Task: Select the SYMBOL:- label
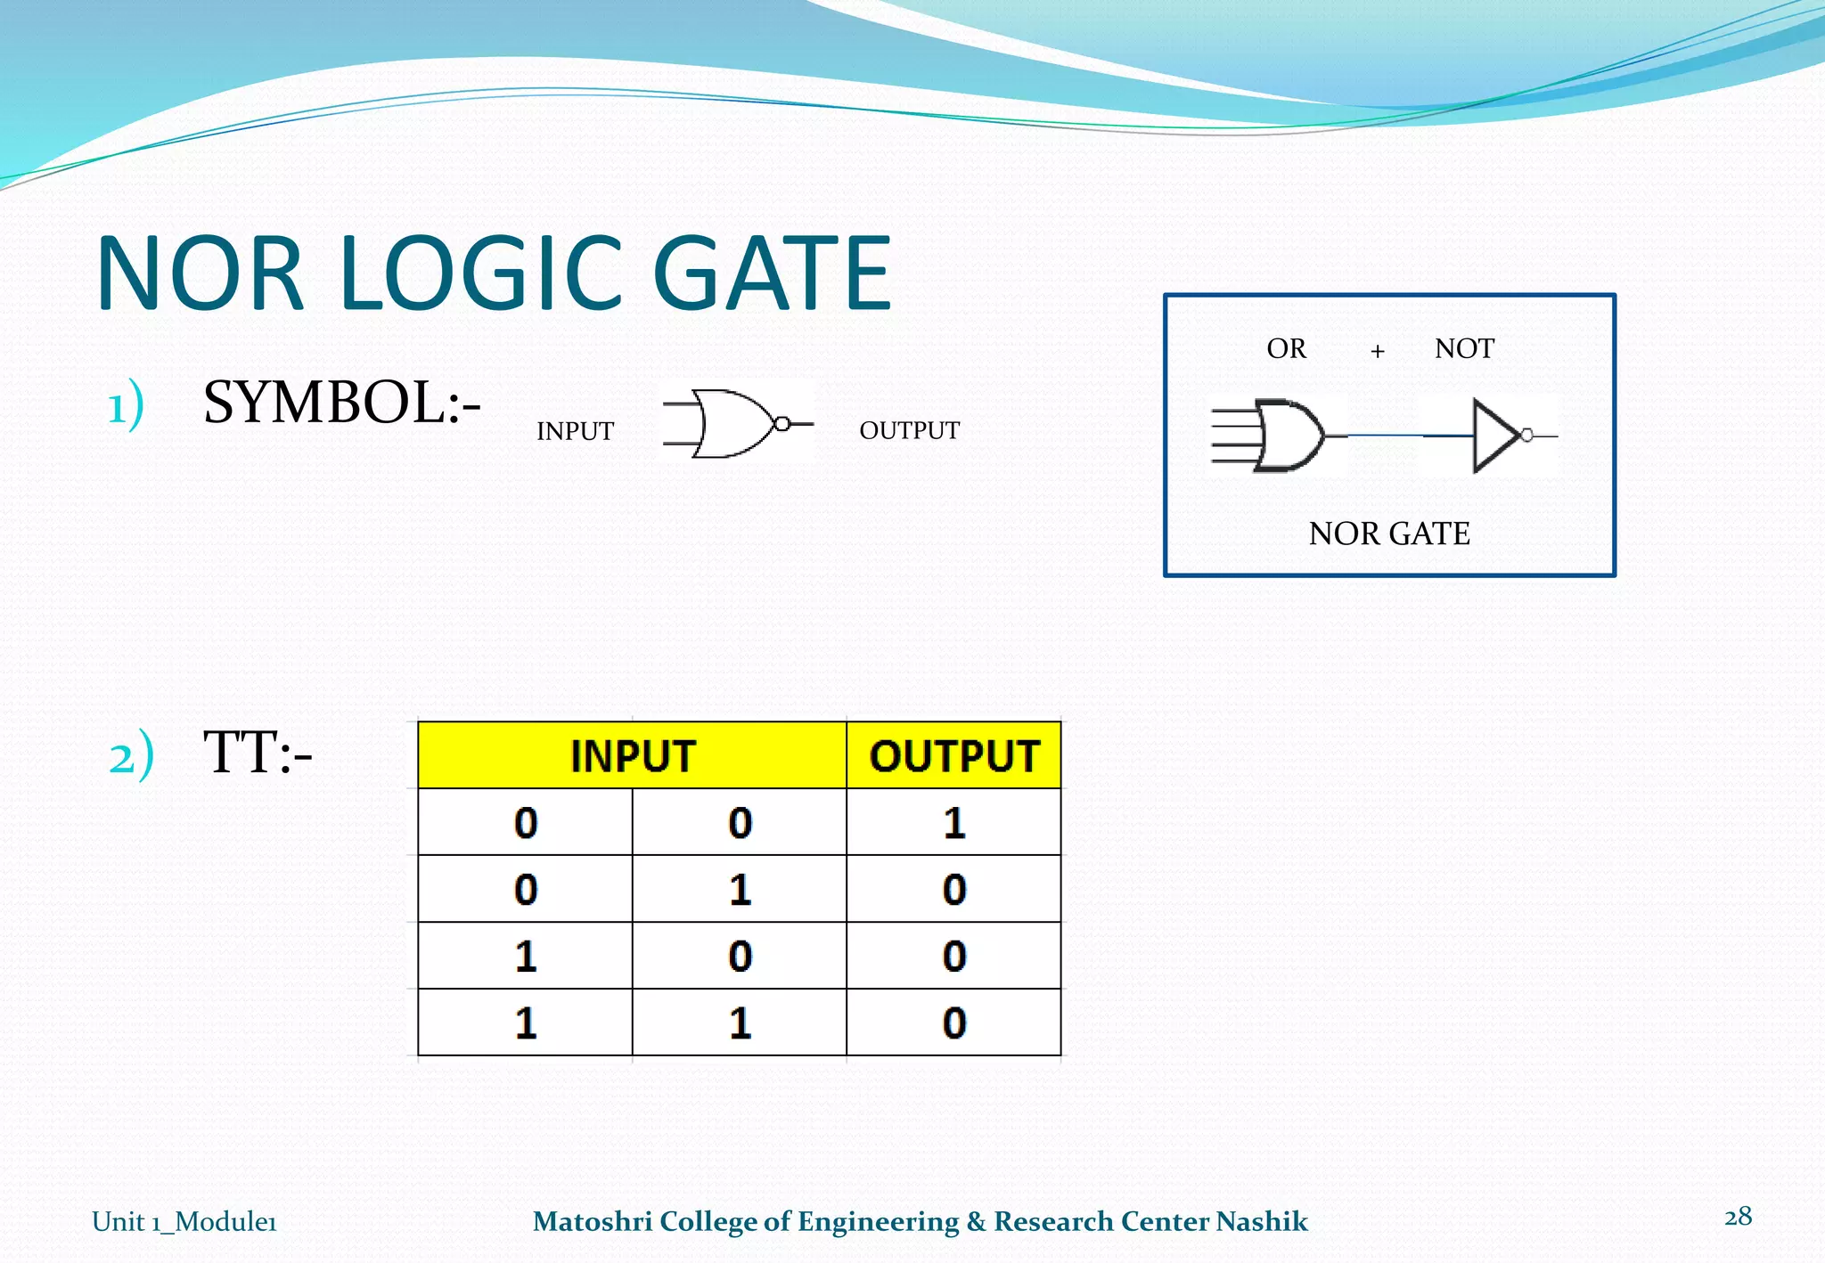341,403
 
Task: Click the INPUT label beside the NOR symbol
575,431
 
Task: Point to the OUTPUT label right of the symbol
909,430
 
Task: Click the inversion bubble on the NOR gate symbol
782,424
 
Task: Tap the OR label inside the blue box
1286,348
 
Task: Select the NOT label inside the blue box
1464,348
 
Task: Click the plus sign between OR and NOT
1378,351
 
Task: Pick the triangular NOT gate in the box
1494,436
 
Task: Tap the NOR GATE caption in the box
1389,534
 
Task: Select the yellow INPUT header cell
632,756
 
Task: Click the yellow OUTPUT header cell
953,756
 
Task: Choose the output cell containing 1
953,822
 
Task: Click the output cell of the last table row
953,1023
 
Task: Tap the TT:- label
258,754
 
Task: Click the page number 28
1738,1217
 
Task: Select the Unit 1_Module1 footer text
184,1221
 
